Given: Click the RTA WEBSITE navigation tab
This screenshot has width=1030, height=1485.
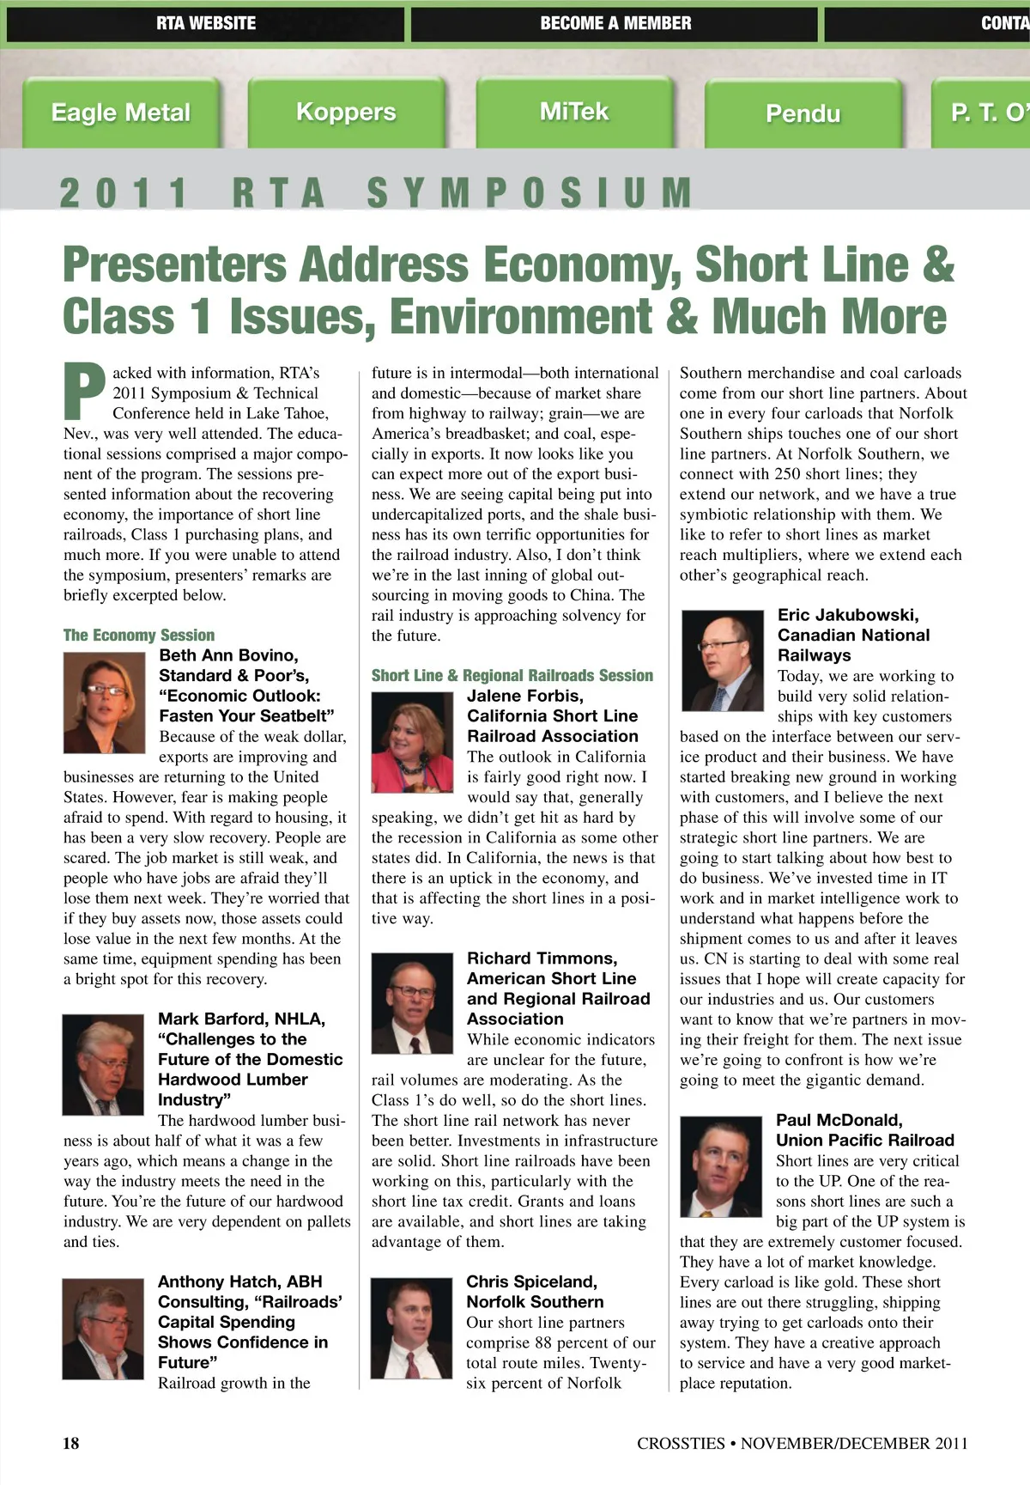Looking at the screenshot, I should coord(205,23).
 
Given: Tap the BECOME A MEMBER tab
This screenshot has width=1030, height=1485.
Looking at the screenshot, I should coord(615,23).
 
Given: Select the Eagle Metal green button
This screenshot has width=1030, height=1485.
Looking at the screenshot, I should coord(121,113).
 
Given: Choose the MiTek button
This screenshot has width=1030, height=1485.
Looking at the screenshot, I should coord(573,112).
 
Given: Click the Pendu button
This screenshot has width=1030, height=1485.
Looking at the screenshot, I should coord(803,113).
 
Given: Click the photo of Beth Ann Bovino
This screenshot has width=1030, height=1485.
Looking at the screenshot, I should coord(104,703).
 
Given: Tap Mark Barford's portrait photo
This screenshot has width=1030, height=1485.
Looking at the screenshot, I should coord(103,1065).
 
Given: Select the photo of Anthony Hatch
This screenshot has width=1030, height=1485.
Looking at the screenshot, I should coord(103,1329).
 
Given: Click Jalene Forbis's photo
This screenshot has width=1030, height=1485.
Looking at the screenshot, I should coord(412,742).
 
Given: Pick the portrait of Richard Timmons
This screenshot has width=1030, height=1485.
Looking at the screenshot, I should coord(412,1003).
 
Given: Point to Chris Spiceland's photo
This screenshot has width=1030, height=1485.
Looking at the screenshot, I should coord(411,1329).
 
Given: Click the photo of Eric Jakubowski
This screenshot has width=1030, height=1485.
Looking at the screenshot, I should coord(722,660).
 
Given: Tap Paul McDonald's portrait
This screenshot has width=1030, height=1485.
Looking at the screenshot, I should coord(721,1165).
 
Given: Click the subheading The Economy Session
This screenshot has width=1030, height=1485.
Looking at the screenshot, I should coord(139,636).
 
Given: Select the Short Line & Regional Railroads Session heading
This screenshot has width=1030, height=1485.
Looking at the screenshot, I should coord(512,676).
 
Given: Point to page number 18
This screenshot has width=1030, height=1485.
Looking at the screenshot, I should coord(71,1443).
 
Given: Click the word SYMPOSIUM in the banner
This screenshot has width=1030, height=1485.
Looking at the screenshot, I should coord(530,192).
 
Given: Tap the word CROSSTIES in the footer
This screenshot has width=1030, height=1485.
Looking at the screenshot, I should coord(681,1444).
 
